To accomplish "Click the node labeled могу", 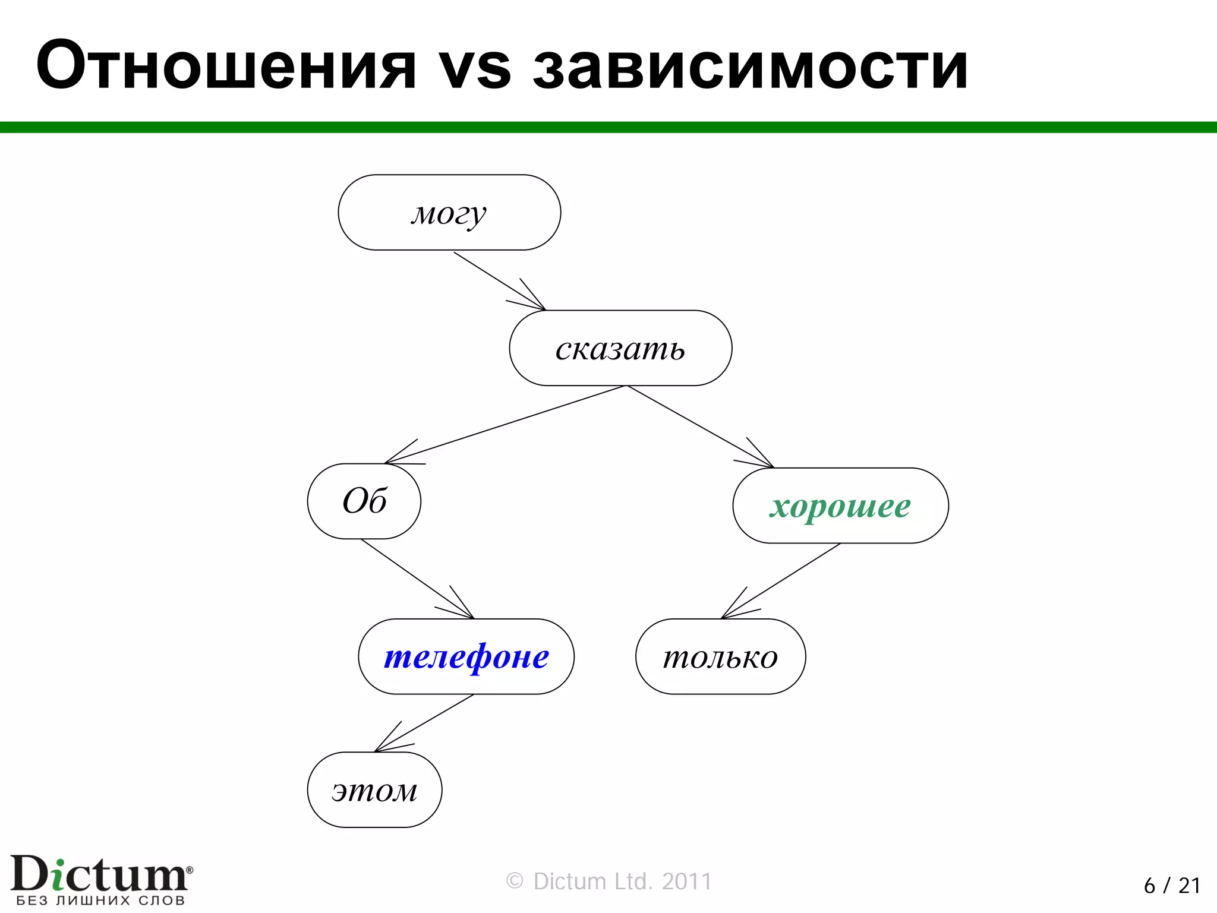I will click(449, 213).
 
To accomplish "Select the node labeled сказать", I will click(620, 349).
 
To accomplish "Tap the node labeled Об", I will click(364, 501).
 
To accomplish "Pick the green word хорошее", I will click(840, 506).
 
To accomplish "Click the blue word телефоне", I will click(466, 657).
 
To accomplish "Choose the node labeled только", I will click(720, 657).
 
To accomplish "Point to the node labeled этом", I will click(374, 790).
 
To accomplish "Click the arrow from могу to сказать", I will click(499, 281).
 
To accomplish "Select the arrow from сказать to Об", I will click(505, 424).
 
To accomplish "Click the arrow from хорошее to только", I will click(781, 581).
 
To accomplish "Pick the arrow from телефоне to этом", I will click(424, 723).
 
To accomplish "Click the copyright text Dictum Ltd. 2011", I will click(608, 882).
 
